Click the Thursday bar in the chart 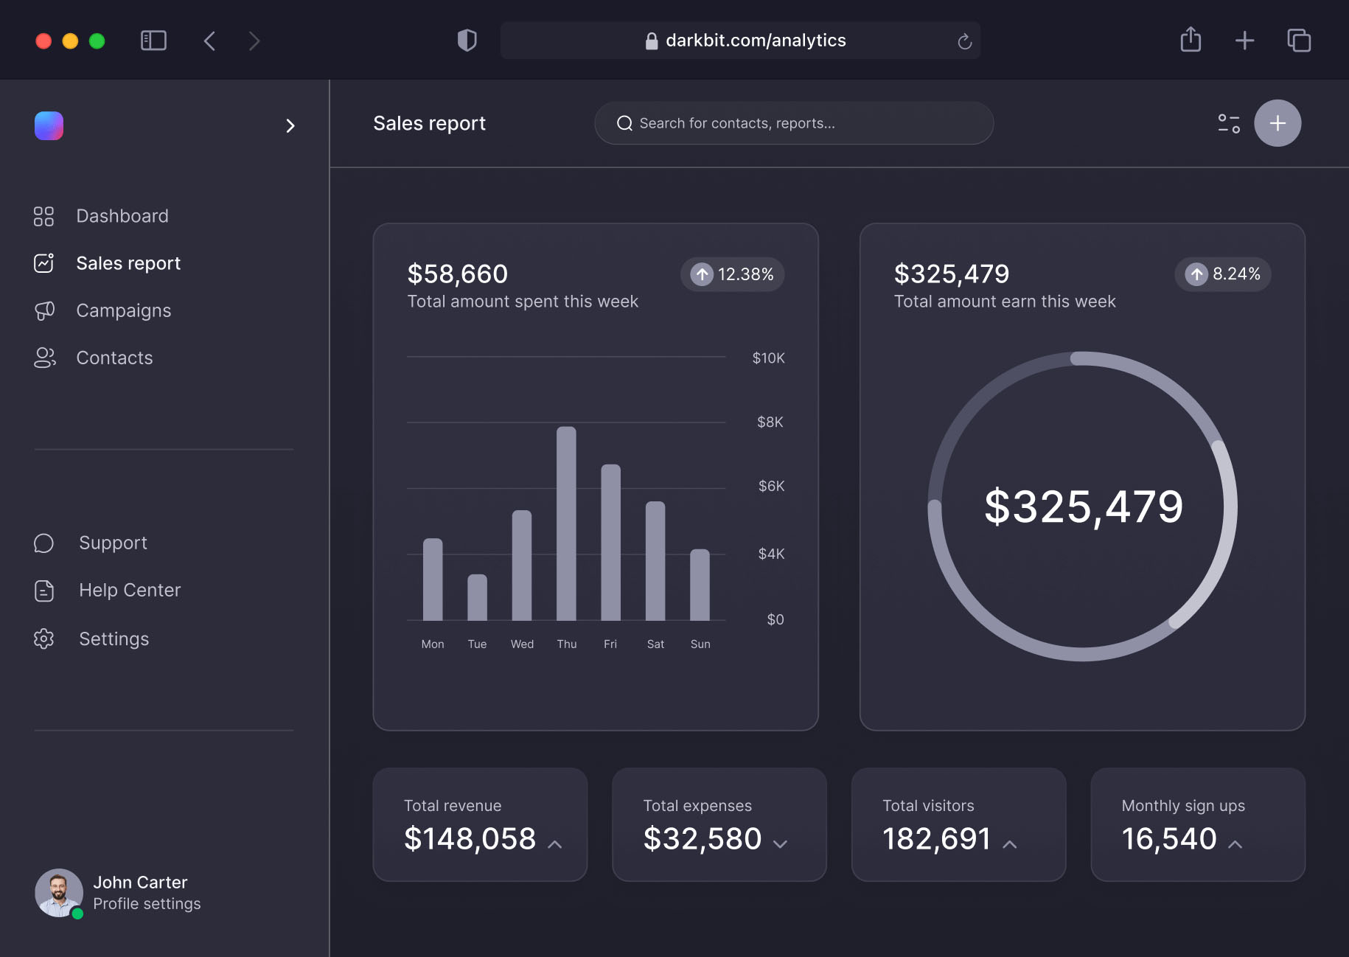click(566, 523)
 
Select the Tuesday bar click(477, 597)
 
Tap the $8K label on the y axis click(770, 422)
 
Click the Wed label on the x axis click(522, 644)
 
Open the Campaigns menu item click(123, 310)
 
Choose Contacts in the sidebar click(114, 358)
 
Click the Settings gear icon click(44, 638)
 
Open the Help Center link click(129, 590)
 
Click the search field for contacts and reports click(794, 123)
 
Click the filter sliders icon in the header click(1229, 123)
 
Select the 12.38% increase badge click(732, 274)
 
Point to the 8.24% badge click(1222, 274)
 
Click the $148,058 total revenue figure click(470, 838)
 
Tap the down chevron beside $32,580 click(780, 843)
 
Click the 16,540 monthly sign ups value click(1168, 838)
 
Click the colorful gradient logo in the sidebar click(49, 125)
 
